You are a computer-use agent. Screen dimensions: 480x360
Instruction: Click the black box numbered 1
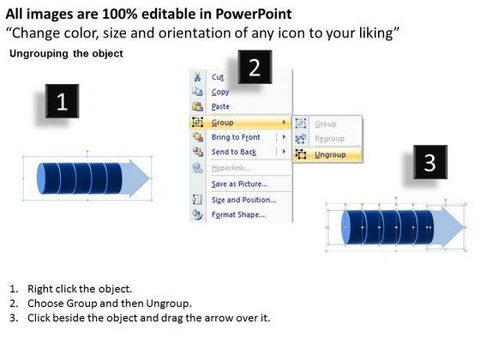click(x=62, y=101)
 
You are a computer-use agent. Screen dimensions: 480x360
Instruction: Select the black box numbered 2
click(x=255, y=67)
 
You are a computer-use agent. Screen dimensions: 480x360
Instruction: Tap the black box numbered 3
click(x=430, y=162)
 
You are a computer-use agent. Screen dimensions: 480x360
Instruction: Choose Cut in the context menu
click(x=218, y=77)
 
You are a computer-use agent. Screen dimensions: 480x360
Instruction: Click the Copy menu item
click(x=220, y=92)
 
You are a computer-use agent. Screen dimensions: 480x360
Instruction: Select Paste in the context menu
click(x=220, y=106)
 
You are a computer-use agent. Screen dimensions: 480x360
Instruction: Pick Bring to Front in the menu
click(x=236, y=137)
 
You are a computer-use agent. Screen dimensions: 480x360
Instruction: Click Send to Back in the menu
click(x=234, y=152)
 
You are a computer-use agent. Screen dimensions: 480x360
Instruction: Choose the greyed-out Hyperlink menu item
click(x=231, y=168)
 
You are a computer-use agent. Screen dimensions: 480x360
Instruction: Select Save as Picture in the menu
click(x=239, y=183)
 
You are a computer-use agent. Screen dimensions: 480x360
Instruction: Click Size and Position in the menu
click(x=243, y=200)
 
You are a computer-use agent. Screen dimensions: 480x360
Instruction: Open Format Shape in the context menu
click(x=238, y=214)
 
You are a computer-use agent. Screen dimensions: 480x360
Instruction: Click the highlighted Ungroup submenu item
click(x=330, y=154)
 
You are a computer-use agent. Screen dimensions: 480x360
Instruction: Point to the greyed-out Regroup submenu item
click(x=329, y=139)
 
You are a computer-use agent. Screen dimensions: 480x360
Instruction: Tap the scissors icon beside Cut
click(x=197, y=77)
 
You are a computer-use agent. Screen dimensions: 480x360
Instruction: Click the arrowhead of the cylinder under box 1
click(x=135, y=178)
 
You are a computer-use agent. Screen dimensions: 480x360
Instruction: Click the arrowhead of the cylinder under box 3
click(x=448, y=227)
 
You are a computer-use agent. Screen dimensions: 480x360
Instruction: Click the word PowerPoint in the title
click(x=254, y=14)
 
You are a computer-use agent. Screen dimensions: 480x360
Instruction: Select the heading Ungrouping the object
click(x=66, y=53)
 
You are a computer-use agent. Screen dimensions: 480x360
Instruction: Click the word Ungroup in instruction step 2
click(x=167, y=303)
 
